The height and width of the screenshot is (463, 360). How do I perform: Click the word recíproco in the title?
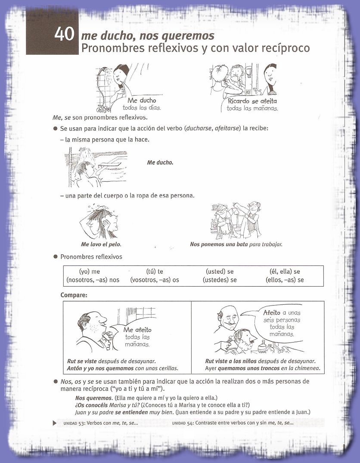(x=286, y=48)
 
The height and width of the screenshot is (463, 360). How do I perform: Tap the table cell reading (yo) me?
(x=90, y=272)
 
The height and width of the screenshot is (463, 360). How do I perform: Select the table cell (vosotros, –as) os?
(x=155, y=280)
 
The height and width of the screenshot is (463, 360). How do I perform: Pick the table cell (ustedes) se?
(x=220, y=280)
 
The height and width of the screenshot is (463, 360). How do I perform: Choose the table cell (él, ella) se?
(x=285, y=272)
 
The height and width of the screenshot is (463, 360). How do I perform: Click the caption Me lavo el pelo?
(x=101, y=244)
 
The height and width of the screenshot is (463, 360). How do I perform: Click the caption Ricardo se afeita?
(x=252, y=102)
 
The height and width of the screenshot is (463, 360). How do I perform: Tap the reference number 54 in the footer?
(x=190, y=423)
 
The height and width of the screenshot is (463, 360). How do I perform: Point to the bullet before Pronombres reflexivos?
(x=55, y=257)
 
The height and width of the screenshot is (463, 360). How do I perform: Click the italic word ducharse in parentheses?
(x=198, y=129)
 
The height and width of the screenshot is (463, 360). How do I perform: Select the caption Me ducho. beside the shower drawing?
(x=160, y=163)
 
